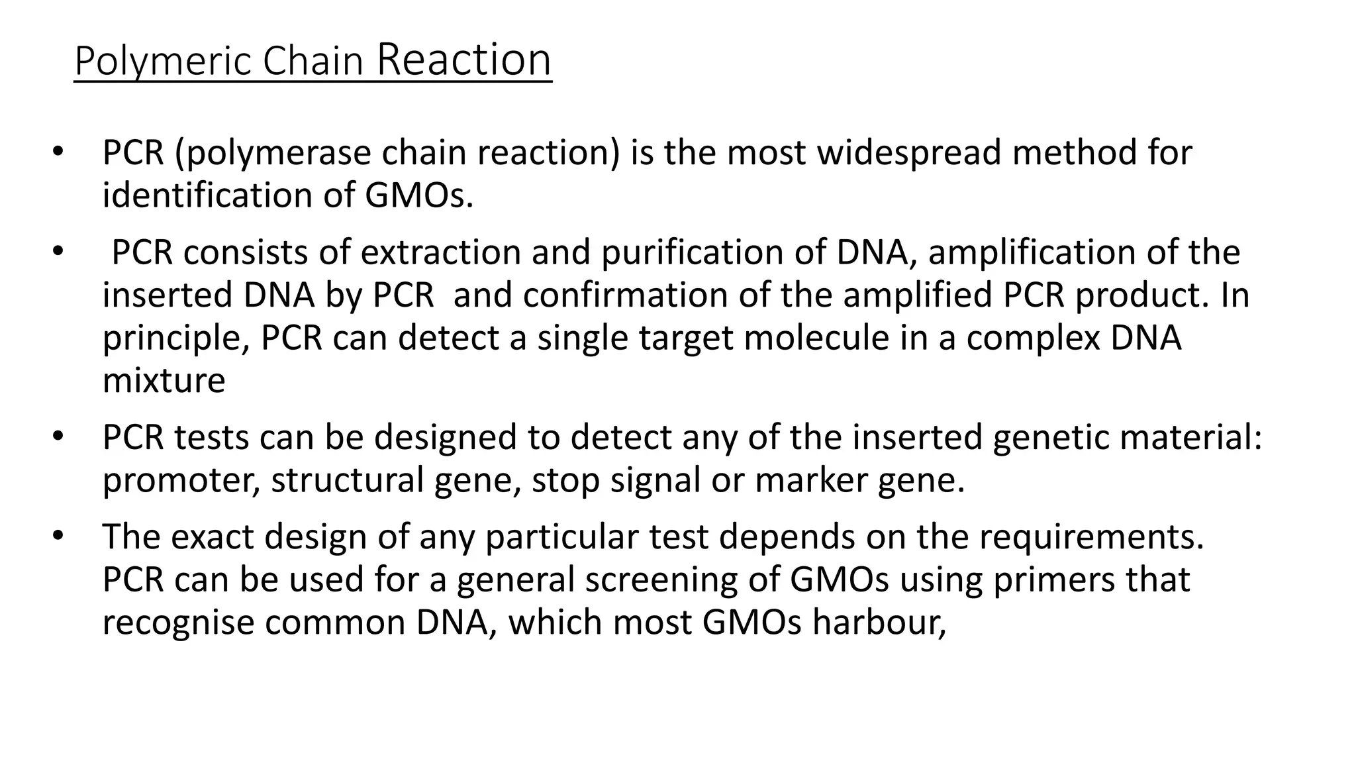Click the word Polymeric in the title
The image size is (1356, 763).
tap(163, 61)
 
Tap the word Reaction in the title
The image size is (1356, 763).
tap(463, 60)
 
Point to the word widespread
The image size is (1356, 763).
tap(910, 153)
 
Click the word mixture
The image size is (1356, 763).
tap(164, 380)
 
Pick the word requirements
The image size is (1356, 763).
tap(1091, 537)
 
